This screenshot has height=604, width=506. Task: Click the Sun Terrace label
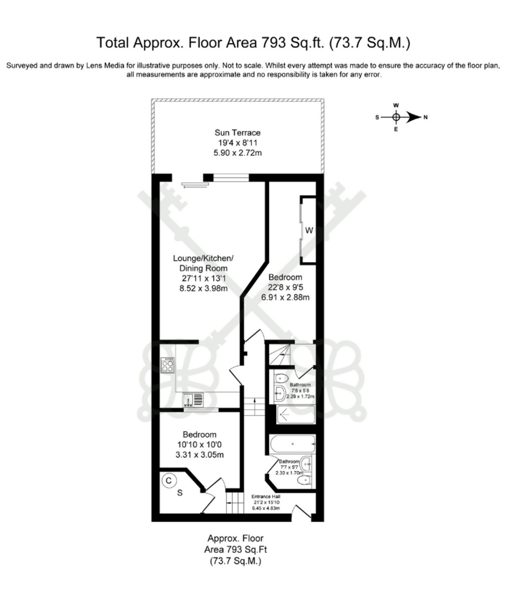click(237, 133)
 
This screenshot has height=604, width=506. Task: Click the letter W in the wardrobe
click(309, 230)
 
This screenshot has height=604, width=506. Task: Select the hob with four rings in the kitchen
click(168, 365)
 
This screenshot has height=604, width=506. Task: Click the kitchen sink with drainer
click(193, 399)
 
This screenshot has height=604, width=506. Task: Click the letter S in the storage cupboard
click(180, 493)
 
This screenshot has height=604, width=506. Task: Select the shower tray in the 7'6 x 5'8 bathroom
click(295, 415)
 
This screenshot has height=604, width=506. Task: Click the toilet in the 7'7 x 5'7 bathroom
click(303, 480)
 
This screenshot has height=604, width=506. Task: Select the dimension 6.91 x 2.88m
click(285, 297)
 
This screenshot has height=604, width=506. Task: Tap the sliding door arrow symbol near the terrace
click(193, 186)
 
